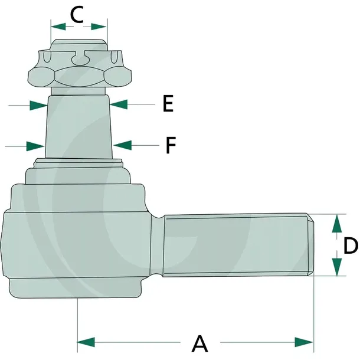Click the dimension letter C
coord(77,15)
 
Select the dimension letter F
coord(171,145)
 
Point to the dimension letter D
coord(351,246)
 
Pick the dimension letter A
coord(199,343)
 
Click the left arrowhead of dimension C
coord(58,27)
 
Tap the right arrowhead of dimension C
coord(99,27)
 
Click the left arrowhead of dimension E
coord(38,106)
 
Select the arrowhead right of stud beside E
coord(119,104)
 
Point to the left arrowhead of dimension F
coord(35,146)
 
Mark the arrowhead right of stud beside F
coord(122,145)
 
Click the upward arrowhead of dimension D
coord(337,224)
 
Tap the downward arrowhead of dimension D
coord(337,267)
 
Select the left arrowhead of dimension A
coord(86,342)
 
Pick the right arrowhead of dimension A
coord(304,342)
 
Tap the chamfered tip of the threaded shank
coord(310,244)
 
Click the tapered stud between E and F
coord(78,127)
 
